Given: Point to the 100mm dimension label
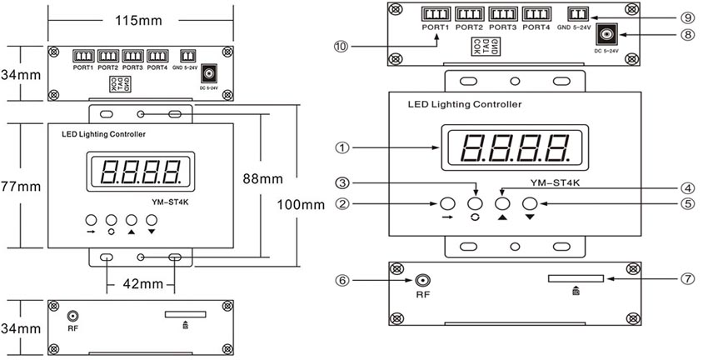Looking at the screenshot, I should [300, 205].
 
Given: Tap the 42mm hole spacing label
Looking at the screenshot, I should [141, 283].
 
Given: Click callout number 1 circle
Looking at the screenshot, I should [341, 147].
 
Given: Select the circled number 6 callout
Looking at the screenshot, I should [341, 282].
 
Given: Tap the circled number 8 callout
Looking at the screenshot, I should [687, 36].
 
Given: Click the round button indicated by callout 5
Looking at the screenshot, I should [530, 203].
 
